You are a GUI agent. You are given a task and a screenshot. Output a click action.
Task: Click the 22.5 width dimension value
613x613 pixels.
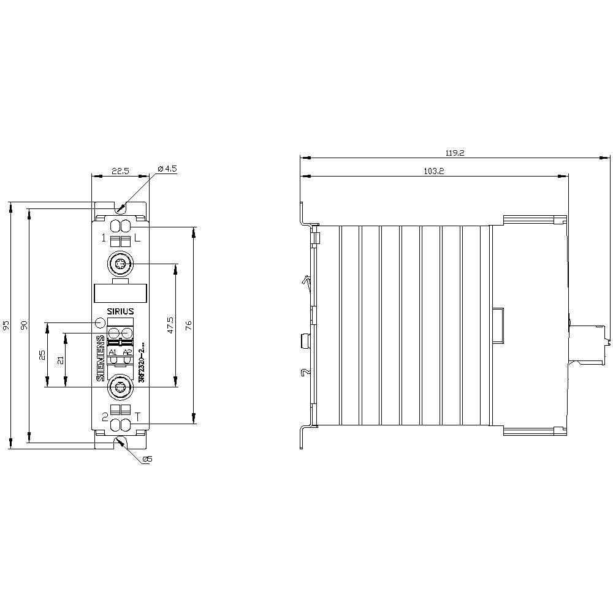(x=120, y=171)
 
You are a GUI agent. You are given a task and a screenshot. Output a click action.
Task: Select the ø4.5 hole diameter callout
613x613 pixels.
(x=167, y=169)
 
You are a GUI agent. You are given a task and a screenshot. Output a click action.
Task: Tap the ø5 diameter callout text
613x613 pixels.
(x=147, y=459)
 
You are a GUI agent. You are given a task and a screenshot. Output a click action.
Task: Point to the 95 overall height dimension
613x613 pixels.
(x=6, y=326)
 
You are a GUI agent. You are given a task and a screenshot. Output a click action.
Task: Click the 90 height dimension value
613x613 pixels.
(x=25, y=326)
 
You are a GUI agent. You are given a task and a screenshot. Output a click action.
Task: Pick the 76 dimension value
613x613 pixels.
(x=189, y=326)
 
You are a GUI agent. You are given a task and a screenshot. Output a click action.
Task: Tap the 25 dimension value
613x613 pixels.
(x=42, y=355)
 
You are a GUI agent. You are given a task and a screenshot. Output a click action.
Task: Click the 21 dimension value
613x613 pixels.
(x=61, y=360)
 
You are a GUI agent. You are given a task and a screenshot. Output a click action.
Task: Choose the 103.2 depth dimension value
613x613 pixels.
(x=433, y=172)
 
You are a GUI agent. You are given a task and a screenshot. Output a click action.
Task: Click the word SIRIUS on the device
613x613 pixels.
(x=120, y=311)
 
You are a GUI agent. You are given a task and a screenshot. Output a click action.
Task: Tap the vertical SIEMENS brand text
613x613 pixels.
(x=101, y=358)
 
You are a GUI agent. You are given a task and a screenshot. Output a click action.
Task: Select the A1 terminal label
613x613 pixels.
(x=113, y=352)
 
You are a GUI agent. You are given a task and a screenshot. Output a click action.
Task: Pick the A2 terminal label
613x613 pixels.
(x=127, y=352)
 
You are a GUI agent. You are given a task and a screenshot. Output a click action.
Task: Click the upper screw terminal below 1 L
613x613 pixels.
(x=120, y=264)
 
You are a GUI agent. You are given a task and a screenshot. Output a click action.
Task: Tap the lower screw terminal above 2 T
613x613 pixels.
(x=120, y=387)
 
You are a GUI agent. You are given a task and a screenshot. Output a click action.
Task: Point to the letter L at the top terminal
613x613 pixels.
(x=137, y=238)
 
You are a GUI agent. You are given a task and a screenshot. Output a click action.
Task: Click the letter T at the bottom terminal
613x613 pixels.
(x=137, y=416)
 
